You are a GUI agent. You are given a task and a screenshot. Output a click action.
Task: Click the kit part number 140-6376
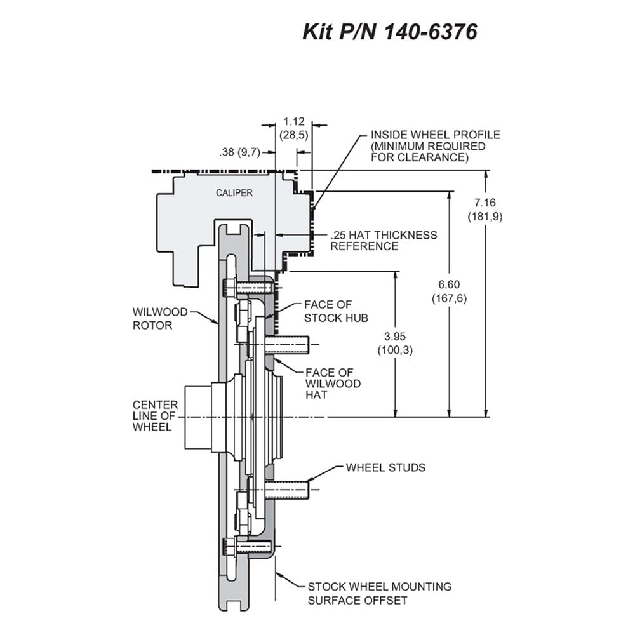pos(430,32)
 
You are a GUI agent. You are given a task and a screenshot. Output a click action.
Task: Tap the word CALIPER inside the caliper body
pos(234,193)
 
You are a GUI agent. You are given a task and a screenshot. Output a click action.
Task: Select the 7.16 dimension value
pos(485,203)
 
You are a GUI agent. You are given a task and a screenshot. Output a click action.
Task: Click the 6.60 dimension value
pos(449,284)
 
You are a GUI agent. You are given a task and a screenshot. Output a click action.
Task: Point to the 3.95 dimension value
pos(395,336)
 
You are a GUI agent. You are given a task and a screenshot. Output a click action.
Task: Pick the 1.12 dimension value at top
pos(293,121)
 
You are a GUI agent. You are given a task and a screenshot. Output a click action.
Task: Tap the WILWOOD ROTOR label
pos(160,319)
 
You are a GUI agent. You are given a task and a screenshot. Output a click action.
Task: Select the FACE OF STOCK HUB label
pos(336,311)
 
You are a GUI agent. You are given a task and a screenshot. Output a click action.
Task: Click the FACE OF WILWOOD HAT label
pos(333,384)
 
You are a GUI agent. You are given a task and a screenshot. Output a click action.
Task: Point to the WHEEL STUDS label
pos(385,468)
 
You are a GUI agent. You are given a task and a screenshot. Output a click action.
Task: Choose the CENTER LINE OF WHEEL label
pos(155,416)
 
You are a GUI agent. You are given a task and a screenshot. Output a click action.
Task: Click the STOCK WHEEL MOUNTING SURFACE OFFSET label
pos(380,593)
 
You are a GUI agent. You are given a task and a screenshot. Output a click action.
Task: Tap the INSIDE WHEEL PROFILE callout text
pos(436,146)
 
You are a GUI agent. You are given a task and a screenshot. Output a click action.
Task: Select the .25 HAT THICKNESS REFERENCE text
pos(384,241)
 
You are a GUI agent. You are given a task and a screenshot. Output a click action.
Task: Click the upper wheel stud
pos(286,345)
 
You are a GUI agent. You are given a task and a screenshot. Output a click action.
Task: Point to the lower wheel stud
pos(286,490)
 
